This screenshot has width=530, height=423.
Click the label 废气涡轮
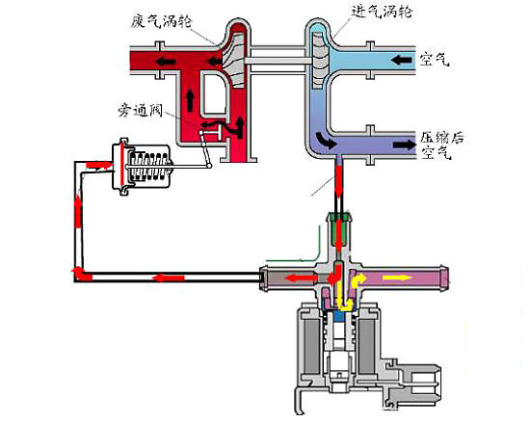pyautogui.click(x=161, y=22)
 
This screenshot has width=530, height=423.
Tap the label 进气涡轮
pyautogui.click(x=382, y=12)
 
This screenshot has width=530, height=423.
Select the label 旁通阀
pyautogui.click(x=140, y=110)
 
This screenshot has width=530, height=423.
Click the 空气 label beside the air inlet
pyautogui.click(x=435, y=59)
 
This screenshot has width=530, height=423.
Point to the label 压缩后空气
pyautogui.click(x=441, y=145)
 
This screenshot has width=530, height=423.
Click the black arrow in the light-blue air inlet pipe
pyautogui.click(x=402, y=61)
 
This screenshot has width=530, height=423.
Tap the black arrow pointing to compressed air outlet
pyautogui.click(x=404, y=145)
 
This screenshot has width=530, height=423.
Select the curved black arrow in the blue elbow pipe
pyautogui.click(x=326, y=140)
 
